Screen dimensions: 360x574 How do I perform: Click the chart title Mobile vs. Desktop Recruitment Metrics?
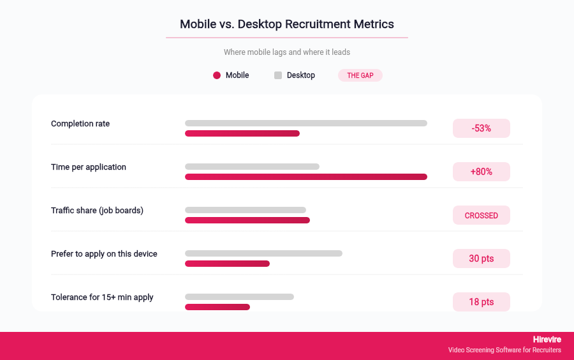pos(287,24)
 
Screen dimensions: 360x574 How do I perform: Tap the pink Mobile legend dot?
pos(217,75)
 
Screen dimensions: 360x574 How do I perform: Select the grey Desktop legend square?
pos(278,75)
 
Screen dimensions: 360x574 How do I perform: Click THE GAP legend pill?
pos(360,75)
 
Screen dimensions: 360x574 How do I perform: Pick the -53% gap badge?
pos(482,128)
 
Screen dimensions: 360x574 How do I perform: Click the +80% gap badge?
pos(482,172)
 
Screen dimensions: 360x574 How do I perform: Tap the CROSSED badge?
pos(482,215)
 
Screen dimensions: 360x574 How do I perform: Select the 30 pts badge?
pos(482,259)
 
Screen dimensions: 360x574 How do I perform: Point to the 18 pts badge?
pos(482,302)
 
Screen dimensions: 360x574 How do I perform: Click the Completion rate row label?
pos(80,124)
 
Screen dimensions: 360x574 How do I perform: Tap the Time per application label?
pos(89,167)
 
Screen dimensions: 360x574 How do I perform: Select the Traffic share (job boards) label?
pos(97,211)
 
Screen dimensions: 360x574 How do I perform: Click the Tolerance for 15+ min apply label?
pos(102,297)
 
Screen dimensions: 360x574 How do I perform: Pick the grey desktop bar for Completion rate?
pos(306,123)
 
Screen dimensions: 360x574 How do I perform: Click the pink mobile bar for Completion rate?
pos(242,133)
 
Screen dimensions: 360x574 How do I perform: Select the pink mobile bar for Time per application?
pos(306,177)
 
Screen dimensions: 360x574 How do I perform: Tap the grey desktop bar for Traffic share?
pos(246,210)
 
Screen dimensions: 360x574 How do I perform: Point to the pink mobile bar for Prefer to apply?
pos(227,264)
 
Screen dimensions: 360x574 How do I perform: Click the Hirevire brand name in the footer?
pos(547,340)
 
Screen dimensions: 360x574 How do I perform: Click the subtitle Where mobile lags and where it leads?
pos(287,52)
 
